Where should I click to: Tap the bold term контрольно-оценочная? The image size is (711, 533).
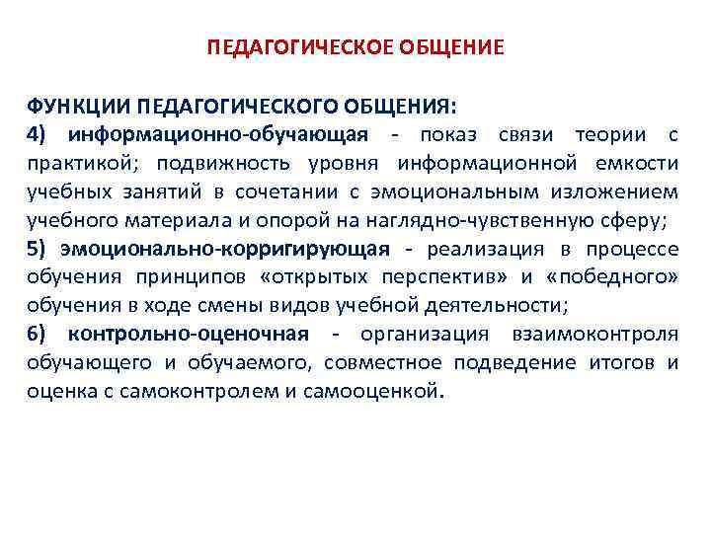[189, 334]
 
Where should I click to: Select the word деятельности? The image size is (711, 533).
[475, 305]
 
